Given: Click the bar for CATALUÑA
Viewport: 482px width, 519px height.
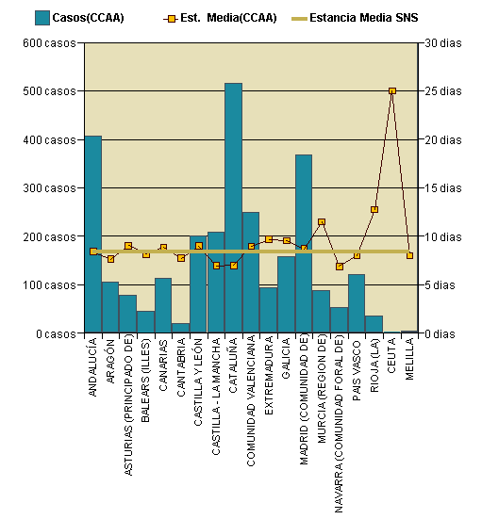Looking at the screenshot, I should (x=233, y=207).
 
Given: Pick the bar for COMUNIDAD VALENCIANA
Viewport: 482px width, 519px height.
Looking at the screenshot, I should (x=250, y=272).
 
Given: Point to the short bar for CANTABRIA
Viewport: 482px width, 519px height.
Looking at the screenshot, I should (x=180, y=328).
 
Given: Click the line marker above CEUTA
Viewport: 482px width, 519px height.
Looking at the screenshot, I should (x=391, y=91).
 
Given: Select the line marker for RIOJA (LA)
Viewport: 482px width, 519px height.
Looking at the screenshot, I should (x=374, y=209).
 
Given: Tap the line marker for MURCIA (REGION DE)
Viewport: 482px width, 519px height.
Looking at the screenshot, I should (x=321, y=222).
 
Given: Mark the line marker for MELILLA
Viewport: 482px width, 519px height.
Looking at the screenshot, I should (x=409, y=255).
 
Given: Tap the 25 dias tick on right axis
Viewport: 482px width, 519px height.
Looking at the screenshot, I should (x=443, y=91).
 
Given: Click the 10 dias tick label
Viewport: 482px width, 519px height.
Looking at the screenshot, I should (x=443, y=236).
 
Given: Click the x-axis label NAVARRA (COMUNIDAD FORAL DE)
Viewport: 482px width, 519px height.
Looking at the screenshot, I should (x=339, y=424).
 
